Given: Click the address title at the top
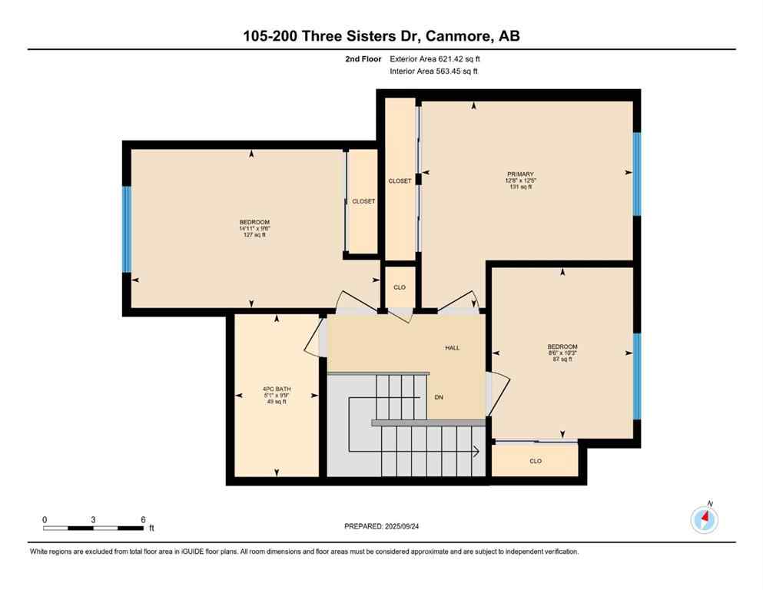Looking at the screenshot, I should pos(381,36).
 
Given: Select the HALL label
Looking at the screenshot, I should pos(453,348).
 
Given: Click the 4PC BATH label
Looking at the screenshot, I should pos(277,389).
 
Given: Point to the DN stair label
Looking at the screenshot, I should pos(440,397).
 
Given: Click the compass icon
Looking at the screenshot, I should pos(705,520).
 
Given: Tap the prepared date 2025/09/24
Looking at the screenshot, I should pos(382,526).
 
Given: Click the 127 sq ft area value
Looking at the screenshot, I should pos(254,235).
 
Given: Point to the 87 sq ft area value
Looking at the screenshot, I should pos(562,360).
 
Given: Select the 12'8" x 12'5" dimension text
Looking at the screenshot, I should pos(520,181).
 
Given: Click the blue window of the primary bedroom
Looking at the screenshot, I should pos(636,174).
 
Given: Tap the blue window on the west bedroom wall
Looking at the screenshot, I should pos(128,229).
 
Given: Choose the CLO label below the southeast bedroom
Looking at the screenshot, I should pos(536,461).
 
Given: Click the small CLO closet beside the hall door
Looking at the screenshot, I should pos(399,287).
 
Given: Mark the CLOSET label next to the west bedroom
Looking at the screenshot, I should pos(363,201).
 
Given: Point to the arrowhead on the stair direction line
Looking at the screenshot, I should pos(477,451).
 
